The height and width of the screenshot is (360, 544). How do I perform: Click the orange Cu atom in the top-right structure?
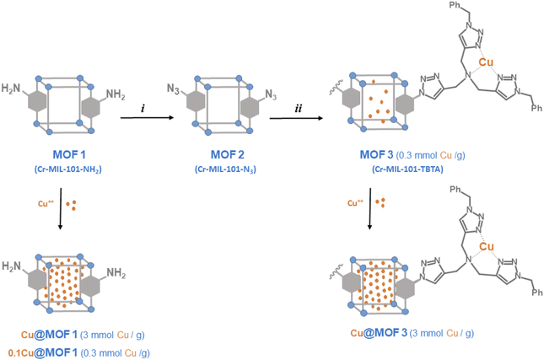(x=486, y=62)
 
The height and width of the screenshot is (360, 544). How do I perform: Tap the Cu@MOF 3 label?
(x=377, y=332)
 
